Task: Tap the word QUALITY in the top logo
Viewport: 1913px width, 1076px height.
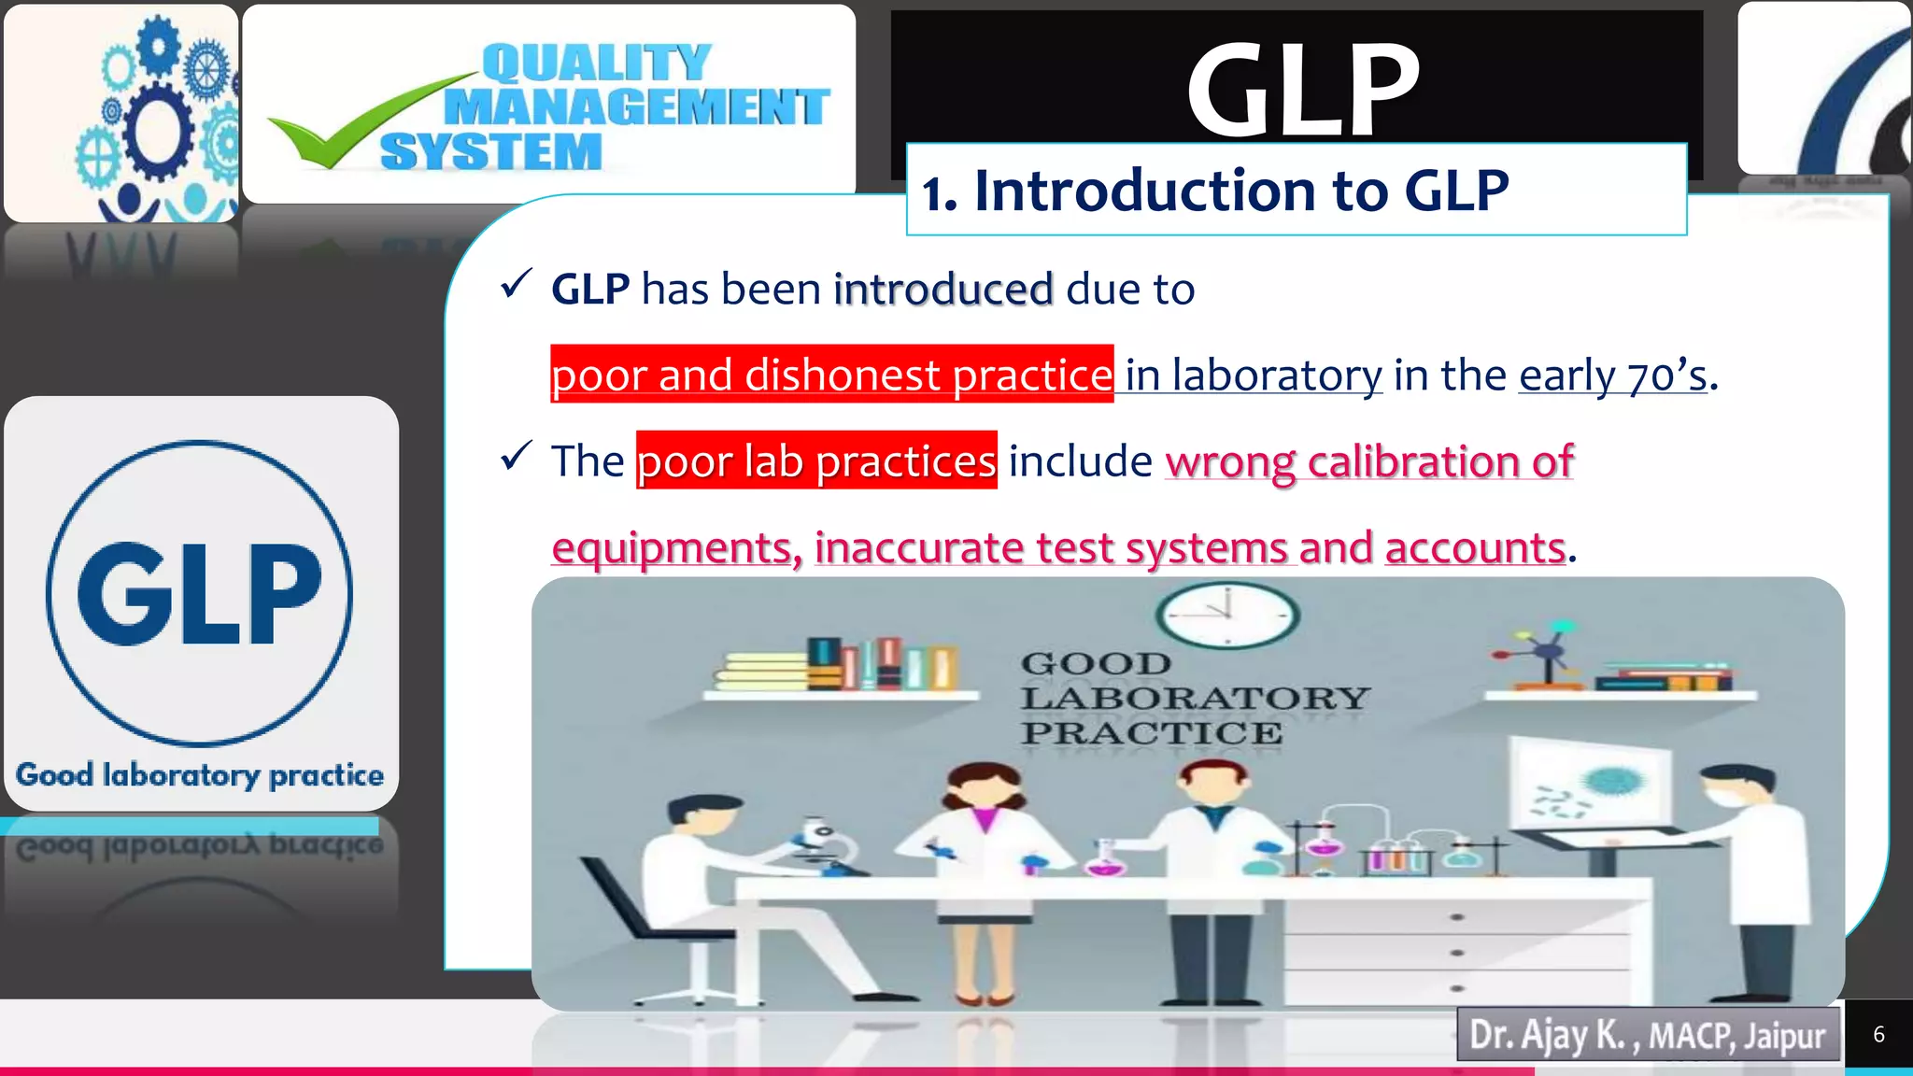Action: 596,64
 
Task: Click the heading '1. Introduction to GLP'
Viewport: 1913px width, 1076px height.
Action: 1214,191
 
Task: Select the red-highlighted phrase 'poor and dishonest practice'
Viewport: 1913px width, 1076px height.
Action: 831,375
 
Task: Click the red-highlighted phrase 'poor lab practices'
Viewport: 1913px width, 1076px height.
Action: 816,460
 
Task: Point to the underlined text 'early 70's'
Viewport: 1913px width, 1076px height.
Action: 1613,375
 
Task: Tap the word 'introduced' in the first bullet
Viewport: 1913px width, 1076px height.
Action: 943,289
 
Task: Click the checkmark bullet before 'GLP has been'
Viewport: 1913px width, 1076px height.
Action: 516,284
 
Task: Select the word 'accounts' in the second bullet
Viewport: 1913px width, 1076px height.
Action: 1475,547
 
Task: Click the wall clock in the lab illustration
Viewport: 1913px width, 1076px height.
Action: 1226,615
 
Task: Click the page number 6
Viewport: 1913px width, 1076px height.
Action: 1878,1034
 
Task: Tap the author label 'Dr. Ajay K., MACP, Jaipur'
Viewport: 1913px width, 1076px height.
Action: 1647,1035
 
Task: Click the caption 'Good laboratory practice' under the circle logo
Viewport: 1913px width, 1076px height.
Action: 200,775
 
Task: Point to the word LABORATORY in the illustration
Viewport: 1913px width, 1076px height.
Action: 1195,698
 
